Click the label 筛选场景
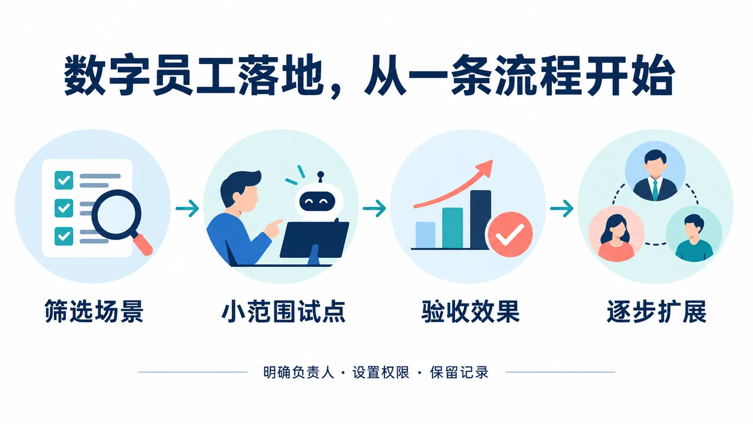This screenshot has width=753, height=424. (94, 312)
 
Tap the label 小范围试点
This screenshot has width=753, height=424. (283, 312)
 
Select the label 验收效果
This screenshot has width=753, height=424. (471, 312)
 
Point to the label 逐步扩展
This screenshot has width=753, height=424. (657, 312)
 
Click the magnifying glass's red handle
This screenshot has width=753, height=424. (143, 244)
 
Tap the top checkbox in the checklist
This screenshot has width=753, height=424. (64, 180)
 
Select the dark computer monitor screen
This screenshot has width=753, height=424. (314, 239)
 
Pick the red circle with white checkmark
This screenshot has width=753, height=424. (510, 235)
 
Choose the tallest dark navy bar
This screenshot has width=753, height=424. (480, 220)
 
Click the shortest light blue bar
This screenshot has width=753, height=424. (425, 235)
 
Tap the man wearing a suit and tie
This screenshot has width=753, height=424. (655, 175)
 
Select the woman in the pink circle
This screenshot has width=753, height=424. (616, 238)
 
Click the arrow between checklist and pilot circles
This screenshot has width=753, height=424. (187, 208)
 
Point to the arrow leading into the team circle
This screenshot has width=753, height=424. (562, 208)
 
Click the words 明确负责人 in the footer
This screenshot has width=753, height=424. (299, 372)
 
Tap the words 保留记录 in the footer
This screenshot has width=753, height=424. (459, 372)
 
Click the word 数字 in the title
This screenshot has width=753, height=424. (107, 75)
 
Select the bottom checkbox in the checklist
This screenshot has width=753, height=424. (64, 236)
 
